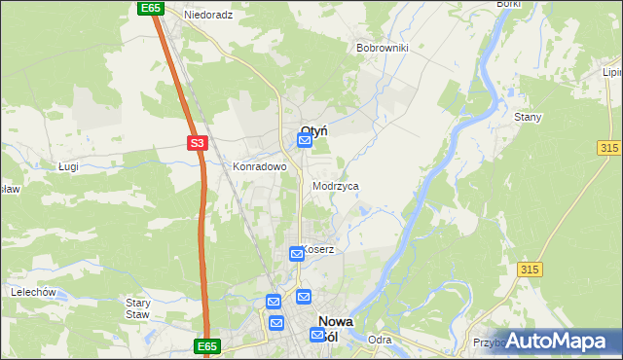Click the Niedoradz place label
[209, 16]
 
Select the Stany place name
[527, 117]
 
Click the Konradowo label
[259, 166]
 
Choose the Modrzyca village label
[336, 185]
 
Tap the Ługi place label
[68, 166]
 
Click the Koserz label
[318, 249]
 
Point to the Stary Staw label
[137, 308]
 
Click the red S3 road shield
[198, 143]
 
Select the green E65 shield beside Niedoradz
[150, 8]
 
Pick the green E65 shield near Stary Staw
[206, 345]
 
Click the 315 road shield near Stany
[610, 146]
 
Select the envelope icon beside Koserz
[297, 254]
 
